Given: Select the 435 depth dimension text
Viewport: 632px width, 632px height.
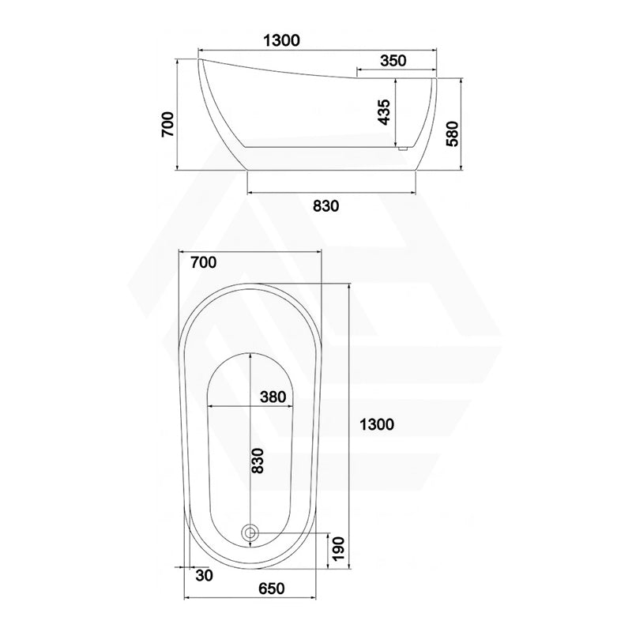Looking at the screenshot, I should click(x=383, y=113).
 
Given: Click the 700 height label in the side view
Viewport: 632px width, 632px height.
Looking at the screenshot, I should click(x=167, y=124).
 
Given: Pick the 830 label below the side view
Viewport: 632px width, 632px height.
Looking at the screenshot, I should click(x=325, y=206).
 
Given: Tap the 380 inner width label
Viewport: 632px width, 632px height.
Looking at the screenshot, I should click(x=273, y=397).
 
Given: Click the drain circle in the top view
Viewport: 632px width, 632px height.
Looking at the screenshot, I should click(x=251, y=533).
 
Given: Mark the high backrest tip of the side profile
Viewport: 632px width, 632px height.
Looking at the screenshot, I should click(x=199, y=59).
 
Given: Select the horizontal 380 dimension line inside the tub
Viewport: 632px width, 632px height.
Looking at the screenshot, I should click(x=229, y=406).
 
